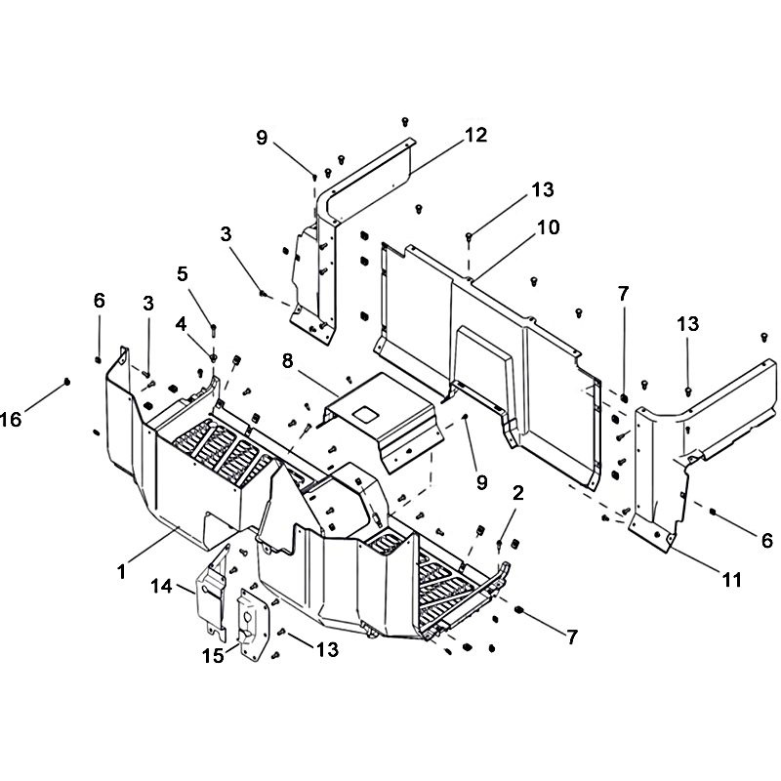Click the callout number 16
[x=11, y=420]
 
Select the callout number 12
[x=475, y=135]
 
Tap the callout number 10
[x=548, y=227]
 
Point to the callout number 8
[x=287, y=360]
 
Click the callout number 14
[x=162, y=587]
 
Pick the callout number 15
[x=213, y=655]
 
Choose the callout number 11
[x=731, y=579]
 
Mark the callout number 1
[x=121, y=572]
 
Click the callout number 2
[x=518, y=493]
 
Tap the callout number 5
[x=183, y=273]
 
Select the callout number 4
[x=181, y=324]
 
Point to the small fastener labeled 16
[x=66, y=382]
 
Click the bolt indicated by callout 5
[x=214, y=330]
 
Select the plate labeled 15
[x=254, y=625]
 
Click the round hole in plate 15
[x=248, y=617]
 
